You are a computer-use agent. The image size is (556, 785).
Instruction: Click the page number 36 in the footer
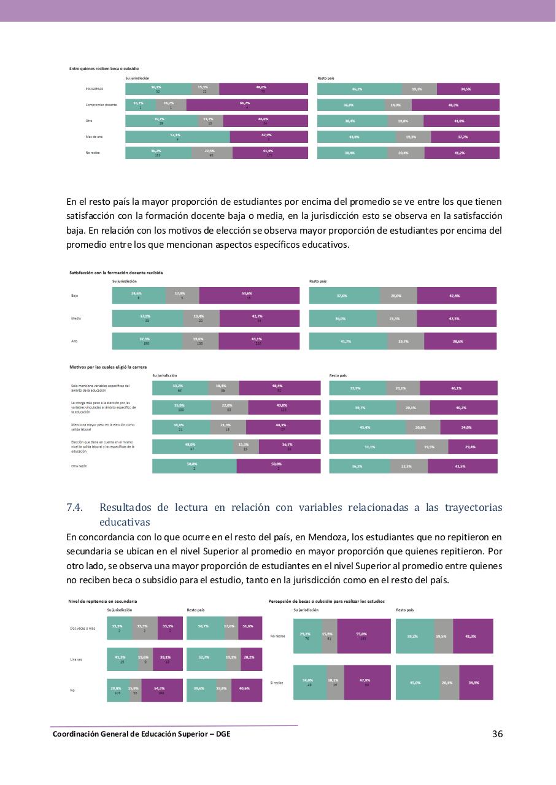[497, 734]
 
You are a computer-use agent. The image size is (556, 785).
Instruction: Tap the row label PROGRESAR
[95, 90]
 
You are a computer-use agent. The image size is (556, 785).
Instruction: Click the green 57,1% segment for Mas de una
[177, 137]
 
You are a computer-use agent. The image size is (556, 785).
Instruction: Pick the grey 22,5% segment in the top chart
[212, 153]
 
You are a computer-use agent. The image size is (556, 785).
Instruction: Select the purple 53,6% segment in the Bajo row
[249, 296]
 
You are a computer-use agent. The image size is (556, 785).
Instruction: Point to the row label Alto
[74, 341]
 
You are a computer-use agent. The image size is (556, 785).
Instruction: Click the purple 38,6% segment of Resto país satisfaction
[460, 341]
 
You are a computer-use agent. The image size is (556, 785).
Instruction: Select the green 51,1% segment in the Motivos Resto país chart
[372, 447]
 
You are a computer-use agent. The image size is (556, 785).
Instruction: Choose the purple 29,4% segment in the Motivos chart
[473, 447]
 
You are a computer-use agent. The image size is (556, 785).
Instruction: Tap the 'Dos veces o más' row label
[83, 628]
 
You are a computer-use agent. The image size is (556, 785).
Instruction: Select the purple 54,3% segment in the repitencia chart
[162, 690]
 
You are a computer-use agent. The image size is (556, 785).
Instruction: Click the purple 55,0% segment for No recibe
[363, 637]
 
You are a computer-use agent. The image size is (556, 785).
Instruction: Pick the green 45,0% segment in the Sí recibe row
[418, 683]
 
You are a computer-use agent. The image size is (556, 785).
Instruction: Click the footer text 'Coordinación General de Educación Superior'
[132, 734]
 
